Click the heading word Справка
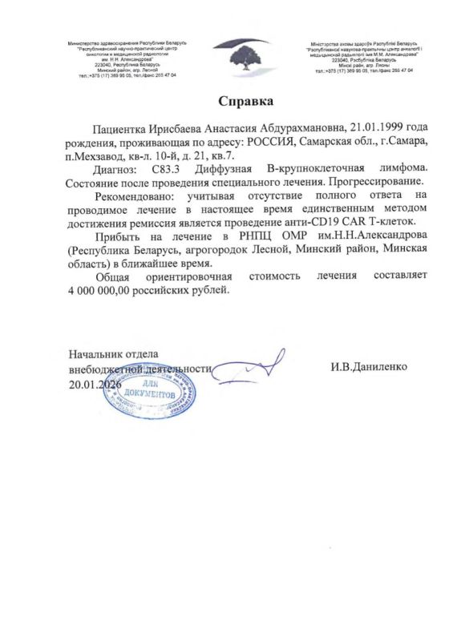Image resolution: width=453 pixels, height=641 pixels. [246, 102]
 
